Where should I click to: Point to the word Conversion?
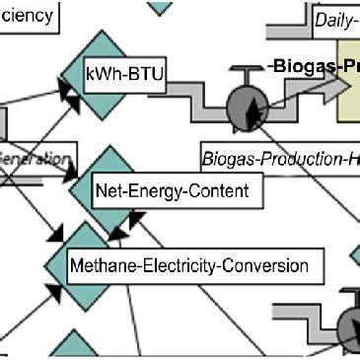(x=271, y=265)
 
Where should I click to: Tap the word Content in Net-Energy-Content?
(x=222, y=189)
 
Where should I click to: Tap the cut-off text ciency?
(x=29, y=18)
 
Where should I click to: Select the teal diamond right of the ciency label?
(x=162, y=7)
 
